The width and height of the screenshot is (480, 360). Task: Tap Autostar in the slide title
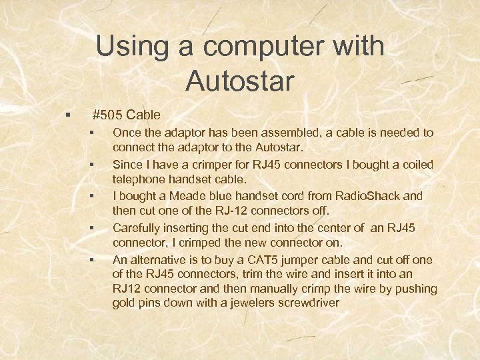240,81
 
